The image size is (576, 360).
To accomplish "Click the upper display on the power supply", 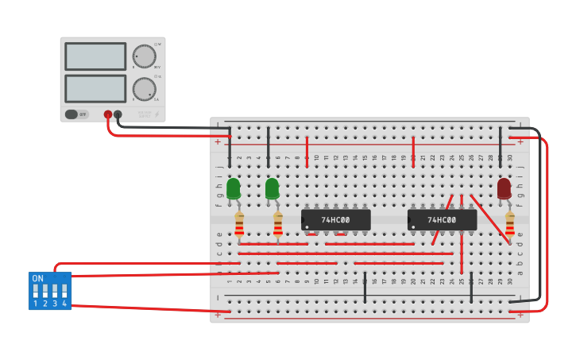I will coord(95,56).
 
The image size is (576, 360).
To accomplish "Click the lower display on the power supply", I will coord(95,88).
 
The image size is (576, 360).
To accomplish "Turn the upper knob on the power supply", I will coord(144,56).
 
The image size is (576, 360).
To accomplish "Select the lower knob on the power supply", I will coord(144,87).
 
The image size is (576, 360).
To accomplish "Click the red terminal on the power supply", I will coord(107,114).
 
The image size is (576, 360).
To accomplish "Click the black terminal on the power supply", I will coord(118,114).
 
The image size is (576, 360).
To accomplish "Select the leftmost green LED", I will coord(233,188).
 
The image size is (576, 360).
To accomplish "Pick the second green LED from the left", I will coord(272,188).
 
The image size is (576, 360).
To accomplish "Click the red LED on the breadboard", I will coord(504,188).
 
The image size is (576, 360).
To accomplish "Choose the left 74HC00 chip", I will coord(336,220).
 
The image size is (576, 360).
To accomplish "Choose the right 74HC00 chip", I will coord(442,220).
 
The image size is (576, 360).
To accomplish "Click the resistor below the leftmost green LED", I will coord(239,225).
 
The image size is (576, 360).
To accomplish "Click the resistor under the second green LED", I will coord(278,225).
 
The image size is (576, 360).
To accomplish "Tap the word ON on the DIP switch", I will coord(37,279).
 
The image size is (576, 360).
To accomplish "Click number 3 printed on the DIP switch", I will coord(54,304).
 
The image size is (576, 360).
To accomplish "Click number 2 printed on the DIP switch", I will coord(45,304).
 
